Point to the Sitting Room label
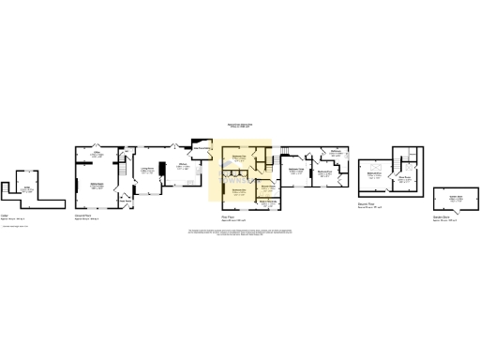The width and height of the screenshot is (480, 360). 96,185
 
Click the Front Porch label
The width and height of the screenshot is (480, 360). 124,198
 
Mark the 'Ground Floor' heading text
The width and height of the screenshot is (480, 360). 82,215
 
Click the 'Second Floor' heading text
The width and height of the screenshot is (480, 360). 367,202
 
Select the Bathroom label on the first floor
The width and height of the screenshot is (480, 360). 335,151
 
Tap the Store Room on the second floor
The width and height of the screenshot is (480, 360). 406,177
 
